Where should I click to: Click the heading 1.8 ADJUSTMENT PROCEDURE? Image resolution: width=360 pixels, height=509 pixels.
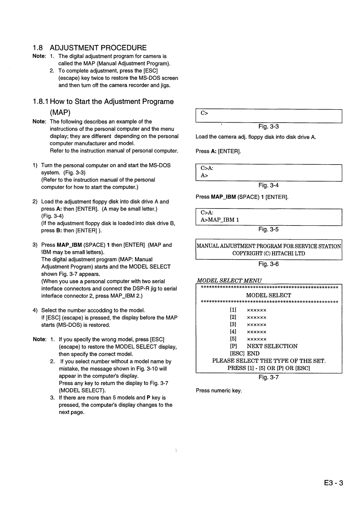pos(90,47)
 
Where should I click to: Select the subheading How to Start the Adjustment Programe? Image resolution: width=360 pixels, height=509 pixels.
pos(103,102)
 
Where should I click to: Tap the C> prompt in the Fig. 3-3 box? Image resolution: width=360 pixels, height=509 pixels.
pos(204,113)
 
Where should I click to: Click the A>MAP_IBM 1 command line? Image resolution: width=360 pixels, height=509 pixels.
pos(220,220)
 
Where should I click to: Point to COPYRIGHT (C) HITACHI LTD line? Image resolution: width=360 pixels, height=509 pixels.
pos(269,254)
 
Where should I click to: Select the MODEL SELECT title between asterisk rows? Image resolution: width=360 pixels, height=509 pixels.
pos(269,295)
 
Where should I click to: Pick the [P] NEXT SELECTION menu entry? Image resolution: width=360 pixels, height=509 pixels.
pos(263,346)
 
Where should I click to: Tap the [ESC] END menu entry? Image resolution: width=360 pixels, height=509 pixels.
pos(244,354)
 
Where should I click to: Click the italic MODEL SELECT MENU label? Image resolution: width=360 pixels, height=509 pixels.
pos(229,280)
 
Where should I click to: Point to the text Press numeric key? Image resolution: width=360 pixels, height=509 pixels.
pos(219,390)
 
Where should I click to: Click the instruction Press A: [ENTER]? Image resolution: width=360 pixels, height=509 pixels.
pos(218,151)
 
